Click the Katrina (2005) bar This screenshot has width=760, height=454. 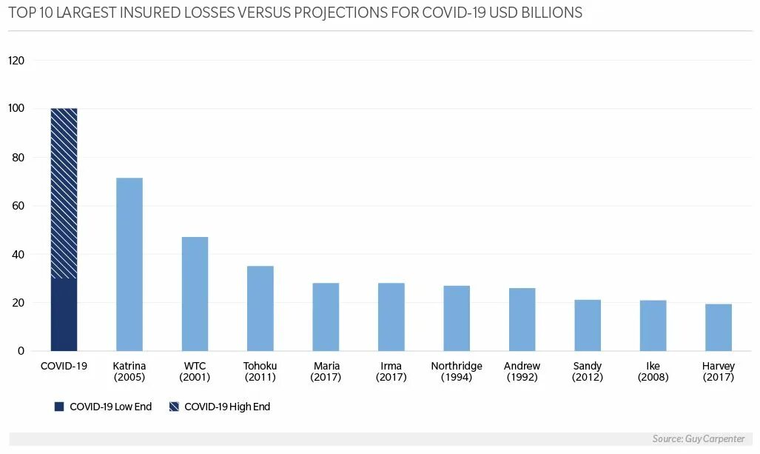(130, 264)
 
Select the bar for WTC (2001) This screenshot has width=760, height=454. (195, 294)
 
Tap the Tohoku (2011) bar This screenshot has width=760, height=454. (260, 308)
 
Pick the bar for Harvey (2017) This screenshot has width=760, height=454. (718, 327)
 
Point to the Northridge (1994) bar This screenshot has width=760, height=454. (457, 318)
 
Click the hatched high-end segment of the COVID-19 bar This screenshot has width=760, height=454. (64, 193)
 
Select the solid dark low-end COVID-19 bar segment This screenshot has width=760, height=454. (64, 315)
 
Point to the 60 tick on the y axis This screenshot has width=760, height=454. (19, 206)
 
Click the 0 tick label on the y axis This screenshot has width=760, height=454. (21, 351)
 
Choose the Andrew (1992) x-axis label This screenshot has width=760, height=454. (522, 372)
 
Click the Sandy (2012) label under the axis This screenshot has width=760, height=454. (588, 372)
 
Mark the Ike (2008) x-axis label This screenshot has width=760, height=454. (653, 372)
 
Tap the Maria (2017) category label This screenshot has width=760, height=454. (326, 372)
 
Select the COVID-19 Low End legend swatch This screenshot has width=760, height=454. (59, 407)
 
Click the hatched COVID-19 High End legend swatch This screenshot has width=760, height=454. (174, 407)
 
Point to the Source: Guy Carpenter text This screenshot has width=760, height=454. (699, 439)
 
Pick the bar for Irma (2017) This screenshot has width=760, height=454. (391, 317)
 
